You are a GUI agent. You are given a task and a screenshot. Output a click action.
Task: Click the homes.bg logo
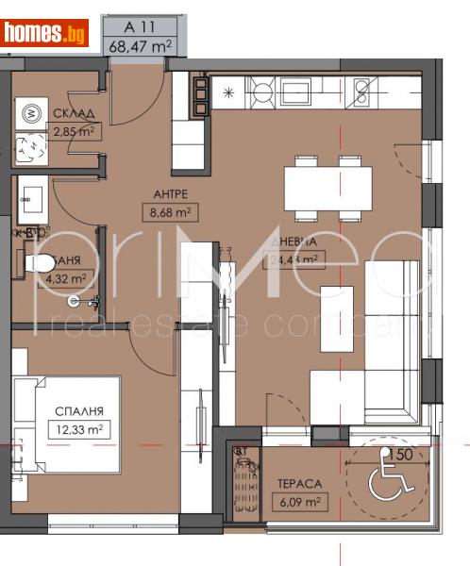tap(45, 33)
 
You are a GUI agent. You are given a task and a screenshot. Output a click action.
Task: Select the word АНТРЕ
tap(158, 195)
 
